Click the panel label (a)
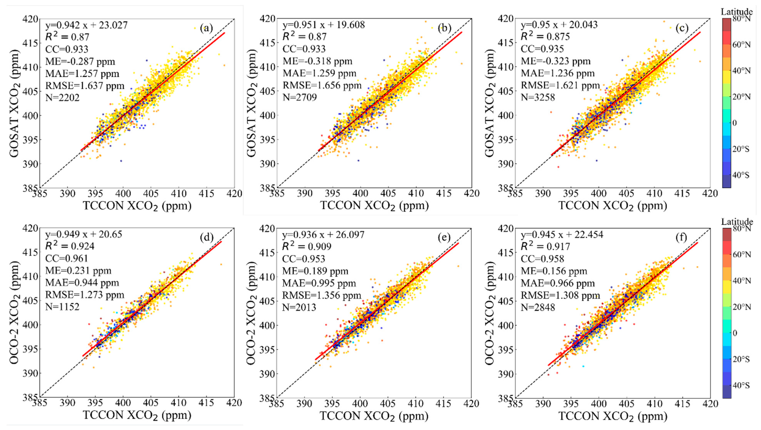click(206, 28)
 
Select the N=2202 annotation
click(62, 98)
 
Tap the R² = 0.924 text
click(70, 246)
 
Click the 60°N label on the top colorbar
click(741, 45)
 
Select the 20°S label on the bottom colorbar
click(741, 359)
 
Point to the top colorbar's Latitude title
click(737, 12)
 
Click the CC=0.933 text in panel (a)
click(67, 49)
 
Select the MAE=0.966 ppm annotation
click(557, 283)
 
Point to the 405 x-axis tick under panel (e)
click(388, 403)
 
